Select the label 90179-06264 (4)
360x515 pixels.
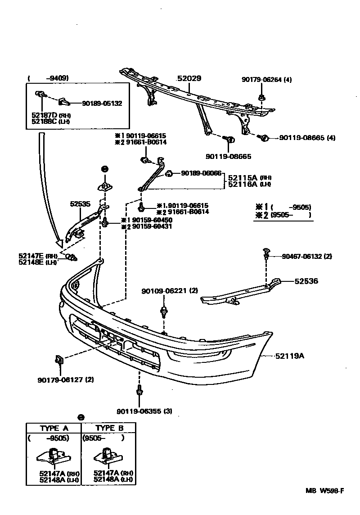pos(266,80)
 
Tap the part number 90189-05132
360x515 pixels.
pos(102,104)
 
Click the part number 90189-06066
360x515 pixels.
pos(201,173)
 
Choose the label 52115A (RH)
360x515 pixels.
pos(250,178)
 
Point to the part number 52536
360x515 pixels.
pos(306,281)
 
